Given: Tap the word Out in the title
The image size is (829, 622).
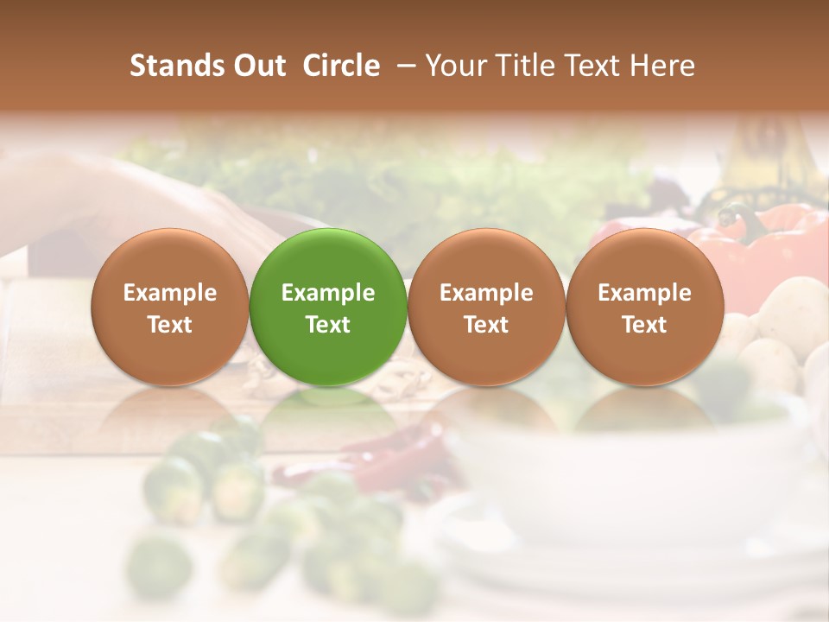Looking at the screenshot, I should [257, 66].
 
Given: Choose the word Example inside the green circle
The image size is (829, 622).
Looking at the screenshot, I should [328, 293].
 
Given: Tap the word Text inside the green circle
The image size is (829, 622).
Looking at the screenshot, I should [328, 325].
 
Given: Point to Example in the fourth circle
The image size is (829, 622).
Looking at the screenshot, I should [645, 293].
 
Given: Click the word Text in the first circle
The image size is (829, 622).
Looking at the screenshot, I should [170, 325].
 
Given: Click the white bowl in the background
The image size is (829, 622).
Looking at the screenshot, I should [622, 466].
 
